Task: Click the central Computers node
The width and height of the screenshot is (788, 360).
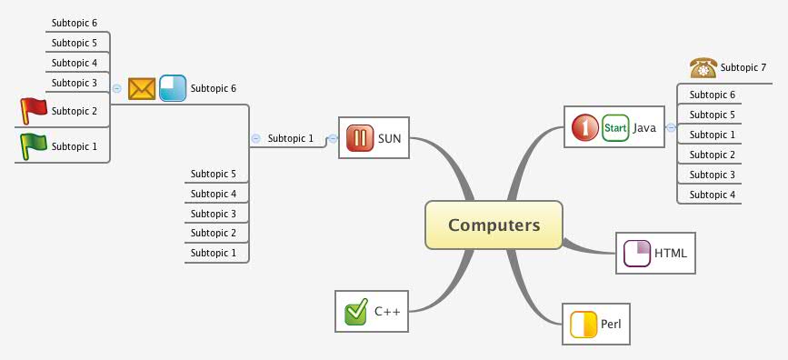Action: (x=494, y=225)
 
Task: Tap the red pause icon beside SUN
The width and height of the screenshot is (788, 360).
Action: (x=359, y=139)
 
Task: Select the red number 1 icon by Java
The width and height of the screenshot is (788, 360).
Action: (x=585, y=127)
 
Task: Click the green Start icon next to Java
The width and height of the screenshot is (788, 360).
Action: (x=615, y=127)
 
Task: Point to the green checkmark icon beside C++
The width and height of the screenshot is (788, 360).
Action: (x=355, y=312)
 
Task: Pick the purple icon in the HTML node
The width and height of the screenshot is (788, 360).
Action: (x=637, y=253)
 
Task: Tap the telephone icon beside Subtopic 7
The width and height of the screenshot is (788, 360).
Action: (x=703, y=67)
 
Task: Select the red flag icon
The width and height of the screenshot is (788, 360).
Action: (x=34, y=110)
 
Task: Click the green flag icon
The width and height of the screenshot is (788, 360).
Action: (x=34, y=145)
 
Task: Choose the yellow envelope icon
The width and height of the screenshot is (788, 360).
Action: (x=142, y=88)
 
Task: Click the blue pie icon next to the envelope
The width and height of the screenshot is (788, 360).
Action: (x=173, y=88)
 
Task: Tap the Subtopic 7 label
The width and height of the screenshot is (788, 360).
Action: (x=743, y=67)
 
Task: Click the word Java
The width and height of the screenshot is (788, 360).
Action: (x=644, y=128)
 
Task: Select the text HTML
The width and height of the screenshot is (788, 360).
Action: (x=671, y=253)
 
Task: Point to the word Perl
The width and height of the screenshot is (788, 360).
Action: (x=611, y=325)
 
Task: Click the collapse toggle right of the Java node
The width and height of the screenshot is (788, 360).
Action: (x=671, y=128)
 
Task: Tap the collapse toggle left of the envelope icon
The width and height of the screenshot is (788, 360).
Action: (x=117, y=88)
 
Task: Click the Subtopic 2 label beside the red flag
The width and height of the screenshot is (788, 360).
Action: (x=75, y=111)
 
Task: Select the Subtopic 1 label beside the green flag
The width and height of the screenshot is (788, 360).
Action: (x=75, y=146)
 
